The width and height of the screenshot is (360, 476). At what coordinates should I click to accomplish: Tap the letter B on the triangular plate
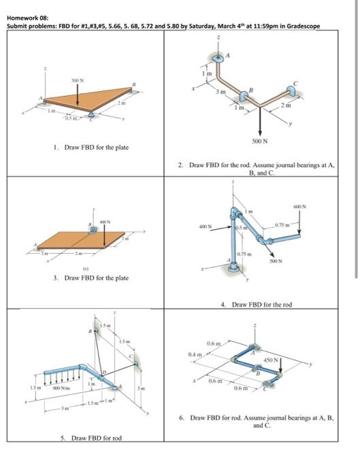pyautogui.click(x=134, y=84)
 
